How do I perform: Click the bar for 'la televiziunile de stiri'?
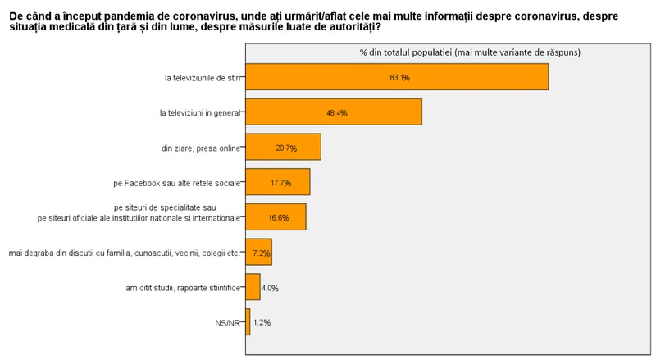pos(396,77)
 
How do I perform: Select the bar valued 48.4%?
pos(333,112)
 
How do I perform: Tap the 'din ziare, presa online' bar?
pos(283,148)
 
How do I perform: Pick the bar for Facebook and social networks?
pos(277,182)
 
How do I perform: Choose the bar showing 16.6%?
pos(275,217)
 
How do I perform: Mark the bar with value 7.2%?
pos(258,253)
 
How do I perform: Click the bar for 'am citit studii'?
pos(253,287)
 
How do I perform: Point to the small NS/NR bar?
pos(248,322)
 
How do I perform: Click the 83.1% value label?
pos(399,78)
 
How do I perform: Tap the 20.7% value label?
pos(286,148)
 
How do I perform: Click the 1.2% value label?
pos(262,323)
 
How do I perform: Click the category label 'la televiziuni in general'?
pos(200,113)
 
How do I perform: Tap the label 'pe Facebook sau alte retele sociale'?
pos(177,183)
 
